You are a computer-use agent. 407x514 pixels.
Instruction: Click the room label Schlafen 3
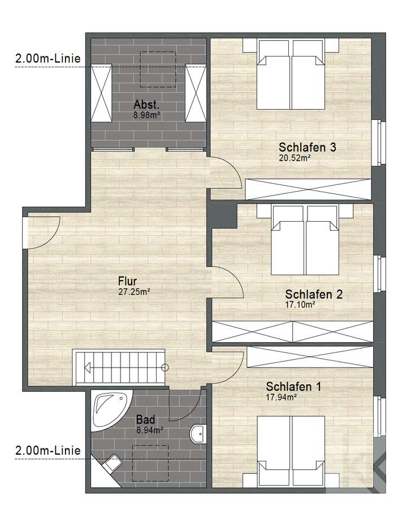coord(308,148)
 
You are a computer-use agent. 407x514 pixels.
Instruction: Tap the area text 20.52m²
coord(295,158)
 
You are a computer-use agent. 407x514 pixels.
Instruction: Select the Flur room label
coord(128,281)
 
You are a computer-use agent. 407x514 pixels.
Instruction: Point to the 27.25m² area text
coord(134,292)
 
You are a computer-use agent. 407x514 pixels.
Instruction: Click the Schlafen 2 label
coord(314,295)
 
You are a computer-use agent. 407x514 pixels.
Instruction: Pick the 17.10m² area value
coord(300,304)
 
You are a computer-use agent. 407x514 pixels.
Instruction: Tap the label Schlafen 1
coord(293,387)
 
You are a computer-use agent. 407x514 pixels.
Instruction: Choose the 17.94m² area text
coord(280,397)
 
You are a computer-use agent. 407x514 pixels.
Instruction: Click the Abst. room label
coord(146,105)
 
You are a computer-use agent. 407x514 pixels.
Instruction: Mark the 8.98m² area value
coord(147,114)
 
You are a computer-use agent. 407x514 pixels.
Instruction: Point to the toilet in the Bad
coord(112,463)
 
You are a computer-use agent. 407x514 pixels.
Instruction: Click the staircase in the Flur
coord(119,367)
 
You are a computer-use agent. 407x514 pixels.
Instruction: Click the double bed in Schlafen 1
coord(292,450)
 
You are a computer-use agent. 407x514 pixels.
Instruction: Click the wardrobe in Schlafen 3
coord(309,188)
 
